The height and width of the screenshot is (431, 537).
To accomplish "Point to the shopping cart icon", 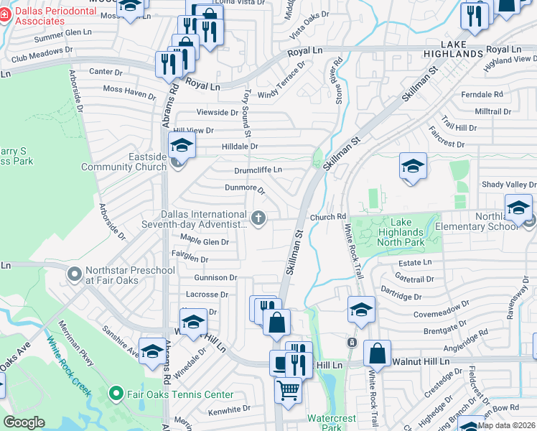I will click(288, 391).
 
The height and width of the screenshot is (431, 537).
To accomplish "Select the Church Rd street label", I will click(328, 217).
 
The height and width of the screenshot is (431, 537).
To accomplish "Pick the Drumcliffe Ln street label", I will click(258, 170).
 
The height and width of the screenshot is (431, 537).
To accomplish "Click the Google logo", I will click(24, 422).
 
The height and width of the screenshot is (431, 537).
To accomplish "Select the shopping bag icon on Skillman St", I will click(276, 322).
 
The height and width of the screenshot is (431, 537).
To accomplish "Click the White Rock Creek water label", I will click(69, 366).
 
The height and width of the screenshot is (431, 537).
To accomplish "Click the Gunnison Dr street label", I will click(215, 277).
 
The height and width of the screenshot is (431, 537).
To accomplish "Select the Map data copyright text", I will click(506, 425).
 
